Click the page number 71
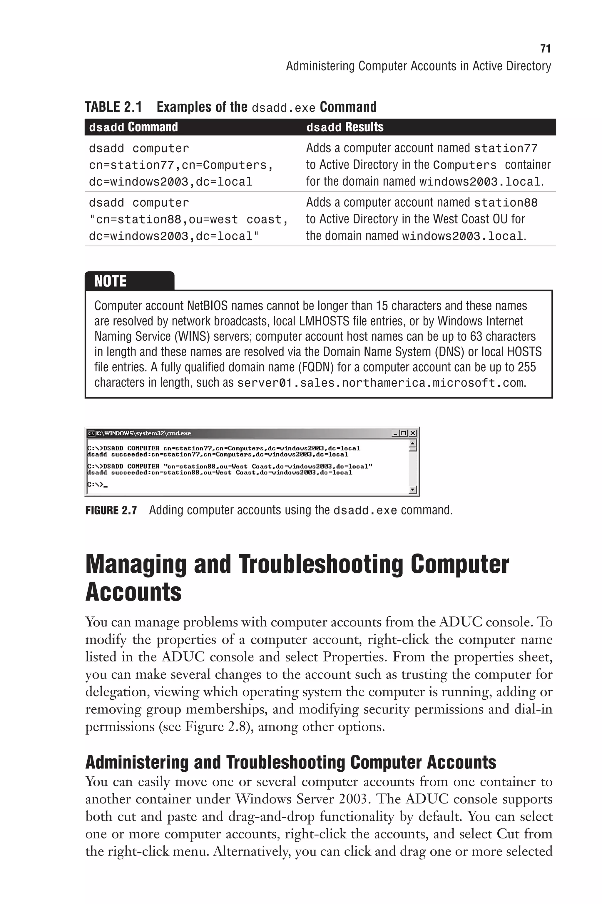pyautogui.click(x=545, y=49)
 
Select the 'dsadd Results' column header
pyautogui.click(x=345, y=127)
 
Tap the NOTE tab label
pyautogui.click(x=111, y=281)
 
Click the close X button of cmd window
pyautogui.click(x=413, y=433)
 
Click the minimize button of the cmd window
pyautogui.click(x=395, y=433)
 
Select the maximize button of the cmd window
pyautogui.click(x=404, y=433)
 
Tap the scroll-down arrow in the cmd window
pyautogui.click(x=413, y=489)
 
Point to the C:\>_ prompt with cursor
pyautogui.click(x=97, y=485)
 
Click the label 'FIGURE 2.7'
pyautogui.click(x=111, y=510)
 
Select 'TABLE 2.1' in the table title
pyautogui.click(x=113, y=107)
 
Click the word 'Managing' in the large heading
pyautogui.click(x=136, y=565)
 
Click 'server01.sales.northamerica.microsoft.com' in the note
pyautogui.click(x=380, y=383)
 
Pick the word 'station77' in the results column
pyautogui.click(x=506, y=148)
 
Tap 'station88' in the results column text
pyautogui.click(x=506, y=203)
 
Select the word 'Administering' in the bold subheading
pyautogui.click(x=137, y=762)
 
